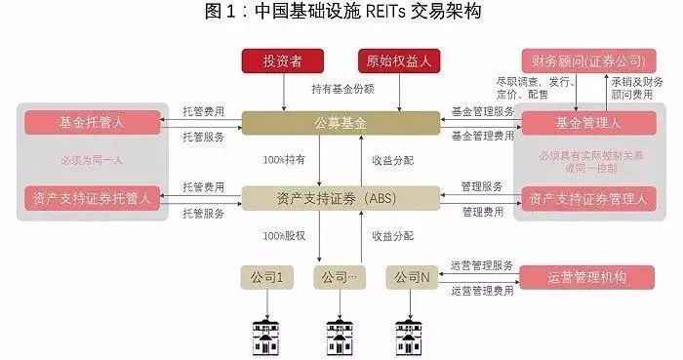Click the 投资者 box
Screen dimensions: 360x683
click(x=282, y=61)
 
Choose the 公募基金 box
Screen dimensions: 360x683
click(x=341, y=123)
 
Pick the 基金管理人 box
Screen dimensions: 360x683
click(x=588, y=123)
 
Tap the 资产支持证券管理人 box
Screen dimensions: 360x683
click(x=588, y=198)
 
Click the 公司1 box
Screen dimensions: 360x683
click(x=266, y=278)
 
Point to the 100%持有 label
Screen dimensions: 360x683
click(x=285, y=159)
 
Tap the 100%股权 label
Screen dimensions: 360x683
click(x=285, y=236)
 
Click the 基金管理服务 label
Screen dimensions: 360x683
click(x=482, y=111)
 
